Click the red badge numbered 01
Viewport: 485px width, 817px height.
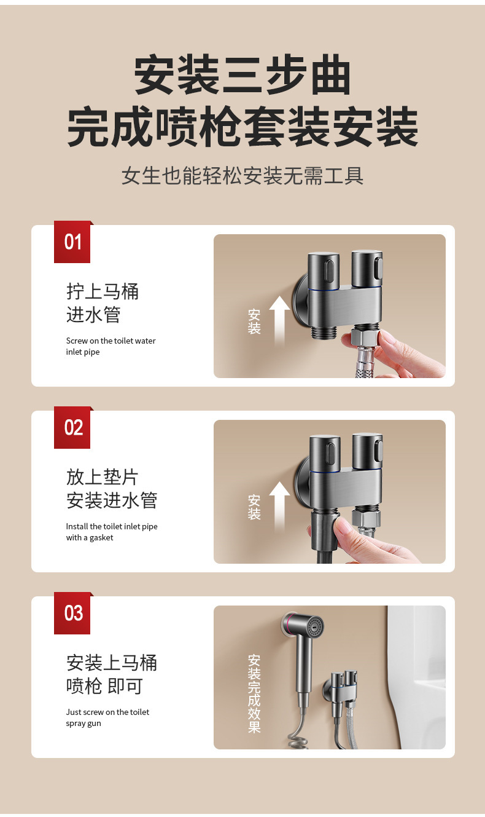pos(72,242)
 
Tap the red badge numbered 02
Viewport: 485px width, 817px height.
pos(72,427)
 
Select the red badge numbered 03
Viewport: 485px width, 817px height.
pos(72,613)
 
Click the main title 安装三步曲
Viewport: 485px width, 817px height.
pos(243,75)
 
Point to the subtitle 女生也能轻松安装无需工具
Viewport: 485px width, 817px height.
pos(243,175)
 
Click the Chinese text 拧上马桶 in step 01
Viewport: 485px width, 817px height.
pos(103,291)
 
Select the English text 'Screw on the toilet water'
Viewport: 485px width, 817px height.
pos(111,341)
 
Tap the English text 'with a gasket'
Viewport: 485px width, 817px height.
pos(90,538)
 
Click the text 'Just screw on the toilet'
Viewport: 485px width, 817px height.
pos(107,712)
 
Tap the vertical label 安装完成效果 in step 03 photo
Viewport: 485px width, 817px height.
pos(254,693)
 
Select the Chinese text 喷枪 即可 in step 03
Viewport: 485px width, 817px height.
pos(104,686)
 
